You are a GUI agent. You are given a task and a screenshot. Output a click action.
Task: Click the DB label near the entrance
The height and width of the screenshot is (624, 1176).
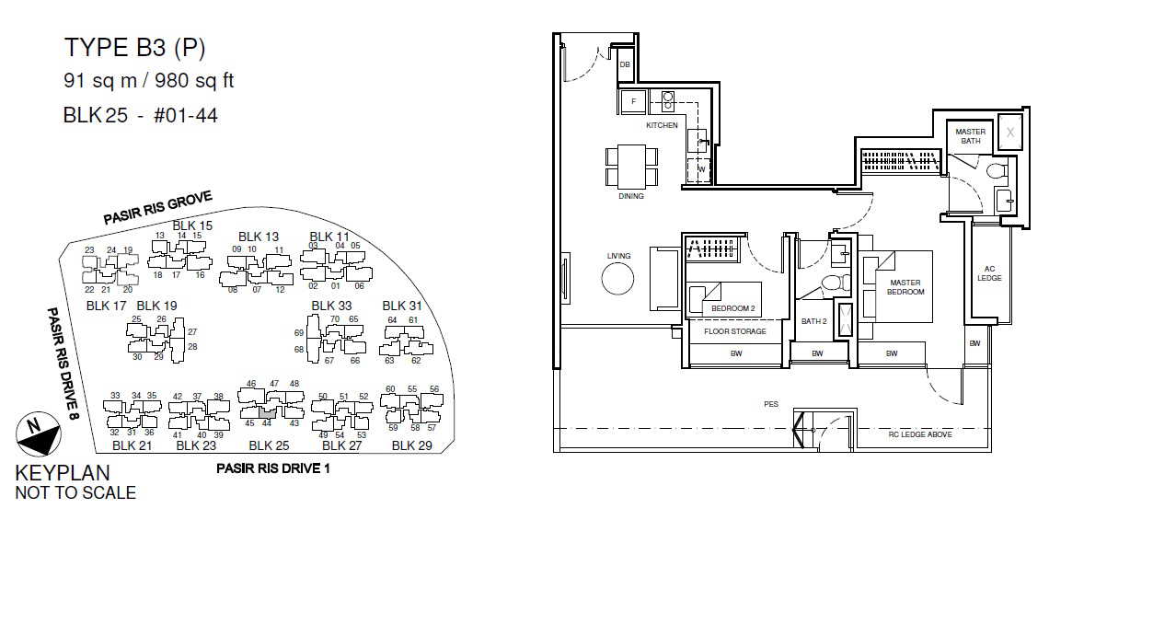[x=625, y=64]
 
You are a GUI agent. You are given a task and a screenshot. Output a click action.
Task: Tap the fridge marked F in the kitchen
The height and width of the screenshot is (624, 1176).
[x=634, y=101]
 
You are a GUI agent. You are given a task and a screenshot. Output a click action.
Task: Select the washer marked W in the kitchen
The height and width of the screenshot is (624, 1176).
[x=700, y=169]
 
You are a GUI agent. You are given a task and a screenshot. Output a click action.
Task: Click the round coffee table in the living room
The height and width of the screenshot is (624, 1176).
[x=617, y=278]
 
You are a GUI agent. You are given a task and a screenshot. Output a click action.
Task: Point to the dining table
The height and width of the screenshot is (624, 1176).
[x=631, y=167]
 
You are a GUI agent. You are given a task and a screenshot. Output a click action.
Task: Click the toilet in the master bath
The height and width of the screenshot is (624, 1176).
[x=997, y=171]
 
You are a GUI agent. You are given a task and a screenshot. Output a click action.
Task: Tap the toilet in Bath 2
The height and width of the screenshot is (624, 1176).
[x=835, y=283]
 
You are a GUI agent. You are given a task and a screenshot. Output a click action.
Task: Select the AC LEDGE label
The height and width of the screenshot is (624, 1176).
[x=989, y=273]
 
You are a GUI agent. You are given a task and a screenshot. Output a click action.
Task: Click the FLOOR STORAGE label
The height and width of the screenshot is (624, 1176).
[x=735, y=331]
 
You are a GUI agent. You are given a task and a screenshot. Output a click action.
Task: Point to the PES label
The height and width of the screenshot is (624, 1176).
[x=771, y=404]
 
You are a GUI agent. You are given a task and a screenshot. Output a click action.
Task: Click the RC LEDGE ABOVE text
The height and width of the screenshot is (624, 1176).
[x=920, y=434]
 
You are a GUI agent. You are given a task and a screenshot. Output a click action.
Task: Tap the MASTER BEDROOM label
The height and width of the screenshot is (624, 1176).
[x=905, y=287]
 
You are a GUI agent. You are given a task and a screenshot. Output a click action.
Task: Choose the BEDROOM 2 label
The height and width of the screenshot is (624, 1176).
[x=732, y=308]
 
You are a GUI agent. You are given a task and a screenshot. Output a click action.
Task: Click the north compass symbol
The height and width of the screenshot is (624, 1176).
[x=39, y=433]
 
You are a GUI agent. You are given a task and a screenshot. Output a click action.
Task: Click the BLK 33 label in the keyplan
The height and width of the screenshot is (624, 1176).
[x=331, y=306]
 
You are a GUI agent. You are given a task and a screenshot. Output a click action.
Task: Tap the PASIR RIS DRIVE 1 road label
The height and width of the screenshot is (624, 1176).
[x=273, y=468]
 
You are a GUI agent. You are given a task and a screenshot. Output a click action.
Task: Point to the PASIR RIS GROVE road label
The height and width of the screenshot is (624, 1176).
[x=158, y=207]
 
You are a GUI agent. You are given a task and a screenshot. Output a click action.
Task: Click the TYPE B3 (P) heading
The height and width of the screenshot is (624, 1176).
[x=135, y=48]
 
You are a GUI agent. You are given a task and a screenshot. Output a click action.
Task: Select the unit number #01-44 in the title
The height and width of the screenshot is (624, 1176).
[x=186, y=116]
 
